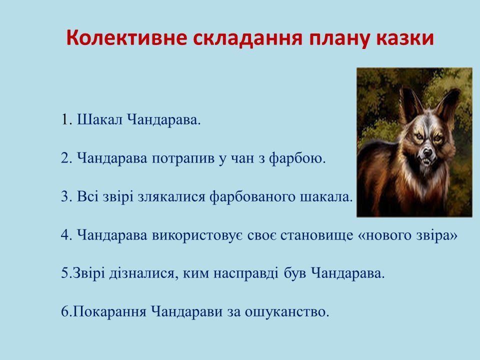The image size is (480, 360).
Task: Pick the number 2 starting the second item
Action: click(66, 158)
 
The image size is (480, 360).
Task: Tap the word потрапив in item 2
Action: click(183, 158)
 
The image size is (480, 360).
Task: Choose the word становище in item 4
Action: click(317, 235)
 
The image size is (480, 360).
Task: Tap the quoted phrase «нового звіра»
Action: click(407, 235)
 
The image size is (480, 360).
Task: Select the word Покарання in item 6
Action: click(109, 311)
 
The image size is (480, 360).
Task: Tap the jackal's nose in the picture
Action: click(427, 152)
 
